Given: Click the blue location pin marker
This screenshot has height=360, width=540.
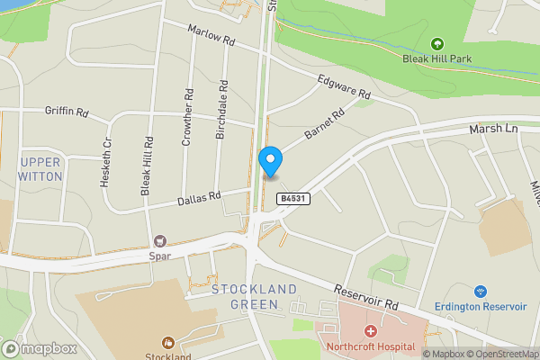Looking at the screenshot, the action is point(270,161).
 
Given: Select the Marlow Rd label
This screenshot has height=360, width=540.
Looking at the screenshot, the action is point(211,36).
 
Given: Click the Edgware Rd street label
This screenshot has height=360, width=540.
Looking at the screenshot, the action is point(344,87).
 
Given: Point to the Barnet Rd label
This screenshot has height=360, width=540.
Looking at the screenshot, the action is point(325,124).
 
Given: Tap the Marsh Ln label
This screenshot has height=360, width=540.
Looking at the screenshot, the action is point(494,130).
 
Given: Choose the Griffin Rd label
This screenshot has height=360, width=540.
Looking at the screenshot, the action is point(67,112).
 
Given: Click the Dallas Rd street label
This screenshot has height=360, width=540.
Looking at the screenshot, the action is point(199,198).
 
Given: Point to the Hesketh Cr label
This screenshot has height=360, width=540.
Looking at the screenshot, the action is point(106,162).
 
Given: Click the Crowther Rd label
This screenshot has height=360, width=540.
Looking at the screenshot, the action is point(187,117).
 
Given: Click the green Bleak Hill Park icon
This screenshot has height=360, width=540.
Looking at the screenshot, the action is point(437,43).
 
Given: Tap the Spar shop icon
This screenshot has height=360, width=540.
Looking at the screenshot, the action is point(161,240).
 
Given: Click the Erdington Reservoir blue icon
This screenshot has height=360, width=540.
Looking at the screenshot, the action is point(480,292).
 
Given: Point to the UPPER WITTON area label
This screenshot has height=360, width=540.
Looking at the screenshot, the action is point(40,168).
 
